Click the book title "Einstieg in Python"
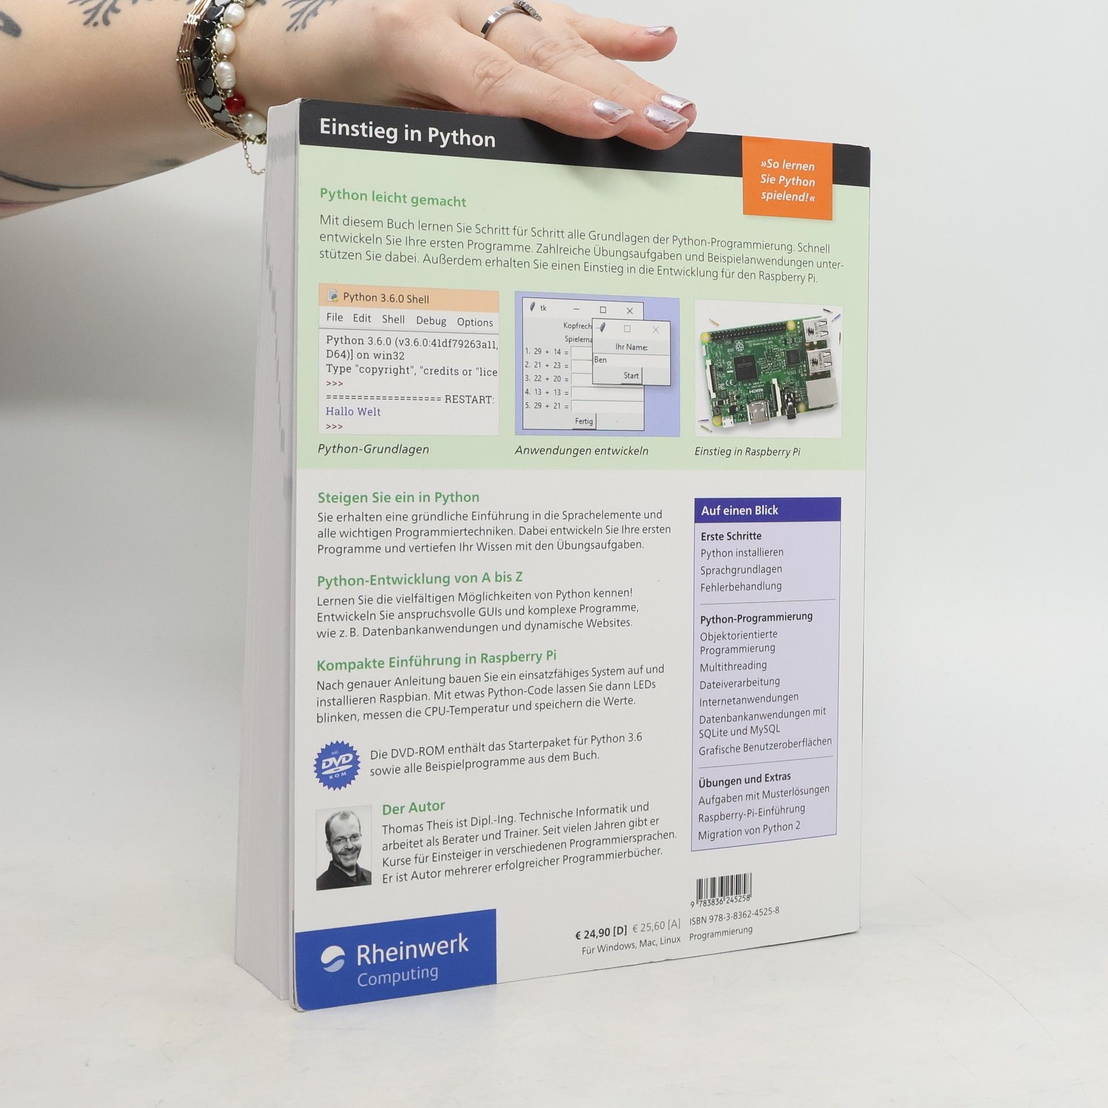[x=407, y=134]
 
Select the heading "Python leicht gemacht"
[x=393, y=197]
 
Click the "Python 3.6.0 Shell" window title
[x=385, y=298]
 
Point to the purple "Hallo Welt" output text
[x=353, y=411]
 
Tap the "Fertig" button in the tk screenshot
[x=583, y=421]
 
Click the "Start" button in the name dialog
[x=631, y=376]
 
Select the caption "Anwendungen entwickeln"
[x=582, y=451]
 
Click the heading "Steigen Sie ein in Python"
[x=398, y=497]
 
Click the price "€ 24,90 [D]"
[x=600, y=931]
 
